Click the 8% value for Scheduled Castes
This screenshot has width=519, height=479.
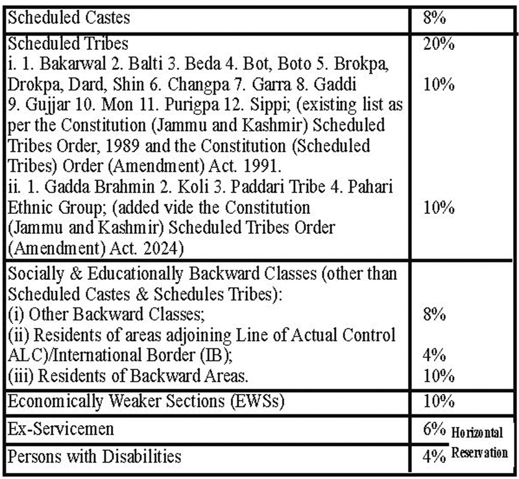[x=434, y=18]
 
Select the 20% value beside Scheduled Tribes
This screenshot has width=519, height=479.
[x=439, y=43]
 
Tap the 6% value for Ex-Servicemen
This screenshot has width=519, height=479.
[x=434, y=429]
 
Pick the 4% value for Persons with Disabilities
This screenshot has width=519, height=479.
[x=434, y=456]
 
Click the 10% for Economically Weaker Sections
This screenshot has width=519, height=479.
[x=439, y=401]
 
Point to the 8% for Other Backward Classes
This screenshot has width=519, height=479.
[x=434, y=314]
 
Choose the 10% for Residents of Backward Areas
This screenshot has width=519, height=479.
[x=439, y=376]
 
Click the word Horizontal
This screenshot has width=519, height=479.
[x=477, y=432]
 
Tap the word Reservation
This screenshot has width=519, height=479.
[x=479, y=452]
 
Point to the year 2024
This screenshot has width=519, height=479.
[x=164, y=249]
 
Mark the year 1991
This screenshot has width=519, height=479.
[x=262, y=167]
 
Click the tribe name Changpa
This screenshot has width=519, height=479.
[x=198, y=84]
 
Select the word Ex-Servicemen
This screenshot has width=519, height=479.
[x=60, y=429]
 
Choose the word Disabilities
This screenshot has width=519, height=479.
[x=141, y=456]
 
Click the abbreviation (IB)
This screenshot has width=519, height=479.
[x=216, y=355]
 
